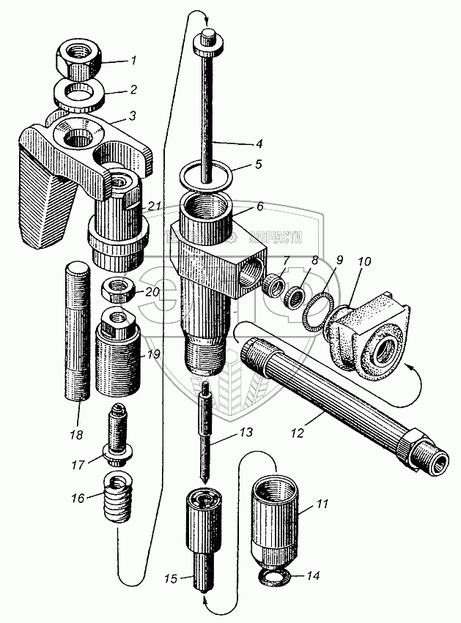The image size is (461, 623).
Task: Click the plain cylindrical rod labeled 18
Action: [x=77, y=333]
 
